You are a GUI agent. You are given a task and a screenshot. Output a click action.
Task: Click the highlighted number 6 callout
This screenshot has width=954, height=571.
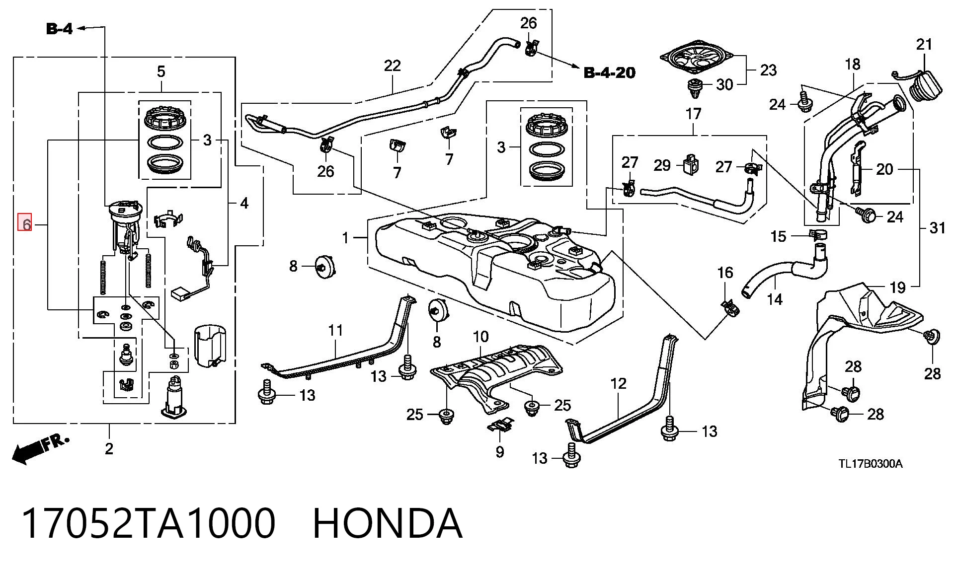[x=25, y=222]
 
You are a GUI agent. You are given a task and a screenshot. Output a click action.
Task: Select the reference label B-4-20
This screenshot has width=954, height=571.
[x=609, y=73]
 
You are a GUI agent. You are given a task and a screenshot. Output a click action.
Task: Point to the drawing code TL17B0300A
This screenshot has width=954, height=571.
[x=871, y=464]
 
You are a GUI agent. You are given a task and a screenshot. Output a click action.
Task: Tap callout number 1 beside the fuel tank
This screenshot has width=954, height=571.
[x=346, y=238]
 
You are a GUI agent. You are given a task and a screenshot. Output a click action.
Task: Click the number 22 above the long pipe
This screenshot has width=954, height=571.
[x=392, y=66]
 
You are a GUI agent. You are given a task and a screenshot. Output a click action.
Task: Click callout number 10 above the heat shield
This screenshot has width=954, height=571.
[x=480, y=337]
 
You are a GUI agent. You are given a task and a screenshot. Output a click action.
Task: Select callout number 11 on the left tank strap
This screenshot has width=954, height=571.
[x=336, y=330]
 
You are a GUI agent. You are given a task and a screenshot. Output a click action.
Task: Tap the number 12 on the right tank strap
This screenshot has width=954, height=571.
[x=619, y=383]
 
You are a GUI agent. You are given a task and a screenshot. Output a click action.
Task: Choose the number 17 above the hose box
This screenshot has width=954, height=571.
[x=693, y=114]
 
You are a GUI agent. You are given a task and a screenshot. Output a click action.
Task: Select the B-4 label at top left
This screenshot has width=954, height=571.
[x=60, y=29]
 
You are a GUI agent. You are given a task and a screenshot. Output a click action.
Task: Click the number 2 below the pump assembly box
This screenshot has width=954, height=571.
[x=109, y=448]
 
